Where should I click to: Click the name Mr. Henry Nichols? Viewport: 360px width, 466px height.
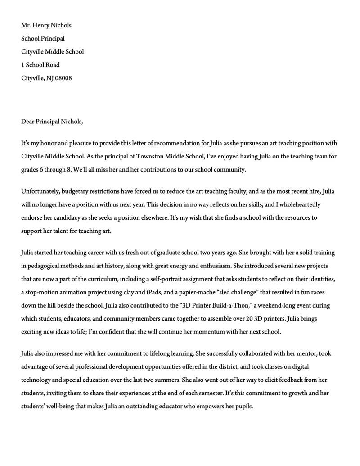[46, 25]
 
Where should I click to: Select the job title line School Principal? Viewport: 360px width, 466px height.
[43, 38]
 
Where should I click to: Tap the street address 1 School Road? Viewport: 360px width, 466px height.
[40, 65]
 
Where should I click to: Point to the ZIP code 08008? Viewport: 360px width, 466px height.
[63, 78]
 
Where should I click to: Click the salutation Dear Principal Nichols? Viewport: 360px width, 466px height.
[52, 121]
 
